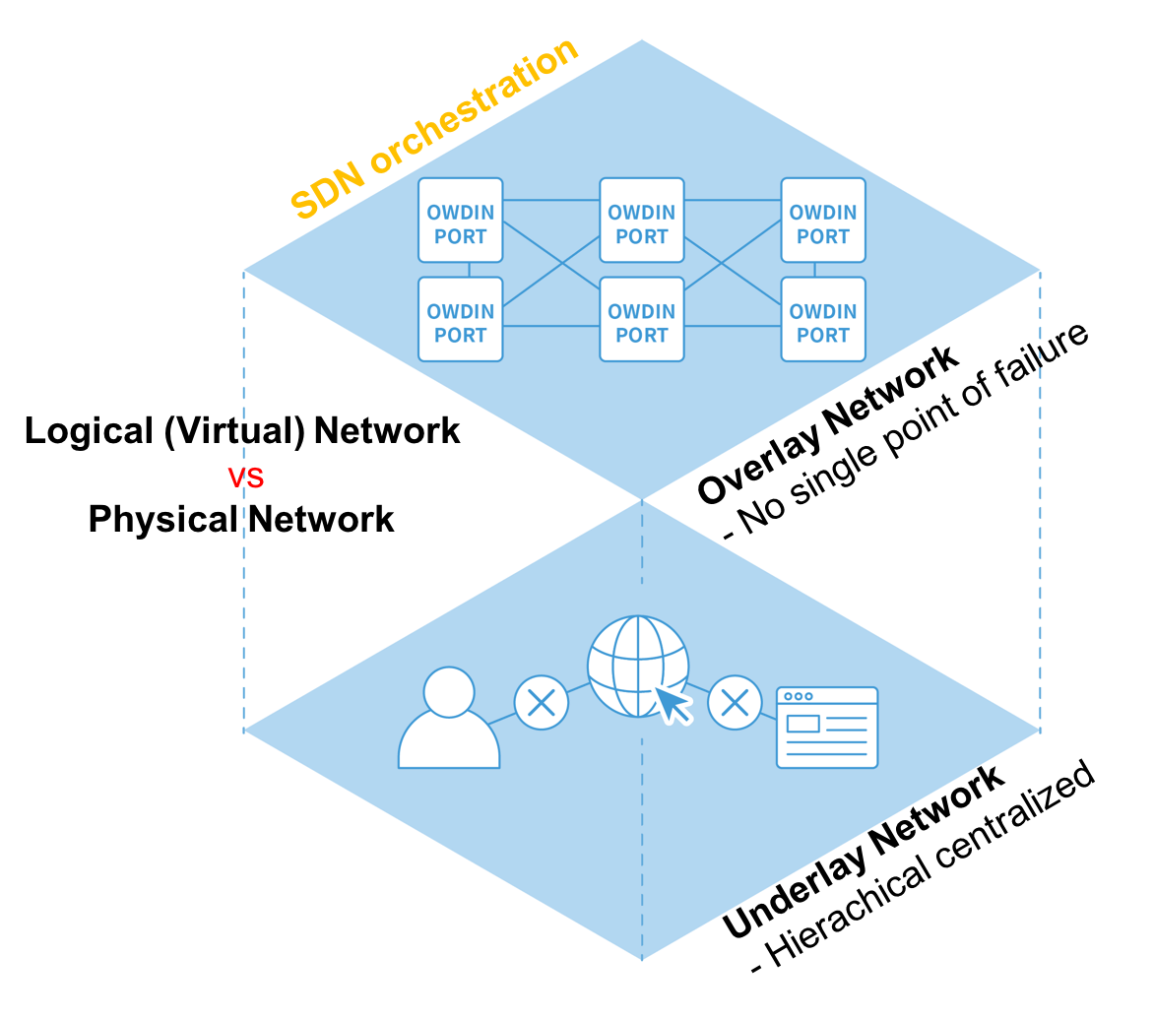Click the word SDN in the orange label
pos(328,188)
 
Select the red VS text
pos(246,478)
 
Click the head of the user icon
pos(449,692)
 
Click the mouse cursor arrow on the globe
pos(673,704)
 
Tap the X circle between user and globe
pos(542,703)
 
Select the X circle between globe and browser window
pos(735,703)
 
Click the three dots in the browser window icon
pos(799,696)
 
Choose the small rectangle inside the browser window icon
pos(802,724)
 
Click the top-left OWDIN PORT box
pos(461,221)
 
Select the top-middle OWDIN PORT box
pos(642,221)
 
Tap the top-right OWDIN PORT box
pos(823,221)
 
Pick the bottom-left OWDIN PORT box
pos(461,320)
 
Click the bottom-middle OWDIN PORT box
pos(642,320)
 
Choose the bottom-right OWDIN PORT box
pos(823,320)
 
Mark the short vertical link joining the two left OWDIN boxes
pos(470,270)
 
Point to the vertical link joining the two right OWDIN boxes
pos(814,270)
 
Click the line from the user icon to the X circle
pos(502,719)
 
